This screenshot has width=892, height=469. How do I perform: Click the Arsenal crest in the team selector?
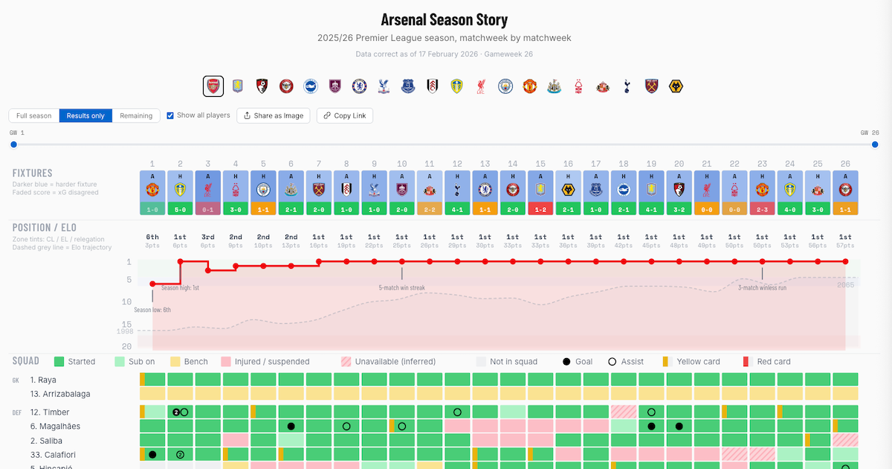[x=213, y=86]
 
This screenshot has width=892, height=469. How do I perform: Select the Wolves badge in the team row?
[x=676, y=86]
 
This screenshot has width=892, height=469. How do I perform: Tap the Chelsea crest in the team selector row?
[x=359, y=86]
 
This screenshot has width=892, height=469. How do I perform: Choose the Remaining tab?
[x=136, y=116]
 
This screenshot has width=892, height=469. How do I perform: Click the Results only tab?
[x=85, y=116]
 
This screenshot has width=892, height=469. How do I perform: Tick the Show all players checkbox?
[x=170, y=115]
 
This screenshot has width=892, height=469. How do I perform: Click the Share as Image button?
[x=274, y=116]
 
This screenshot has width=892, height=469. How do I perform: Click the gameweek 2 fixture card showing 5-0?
[x=180, y=193]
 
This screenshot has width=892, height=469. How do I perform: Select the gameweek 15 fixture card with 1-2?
[x=540, y=193]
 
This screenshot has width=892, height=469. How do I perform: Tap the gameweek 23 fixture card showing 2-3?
[x=762, y=193]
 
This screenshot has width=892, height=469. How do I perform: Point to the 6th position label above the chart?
[x=152, y=237]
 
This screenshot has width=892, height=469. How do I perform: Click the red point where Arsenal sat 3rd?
[x=208, y=270]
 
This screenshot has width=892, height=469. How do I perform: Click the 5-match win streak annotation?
[x=401, y=287]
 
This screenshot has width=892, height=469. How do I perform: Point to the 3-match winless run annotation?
[x=762, y=287]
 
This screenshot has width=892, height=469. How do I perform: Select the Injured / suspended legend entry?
[x=265, y=362]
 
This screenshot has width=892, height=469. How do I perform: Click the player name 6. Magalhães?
[x=55, y=427]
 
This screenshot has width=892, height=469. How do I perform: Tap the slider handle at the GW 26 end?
[x=875, y=144]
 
